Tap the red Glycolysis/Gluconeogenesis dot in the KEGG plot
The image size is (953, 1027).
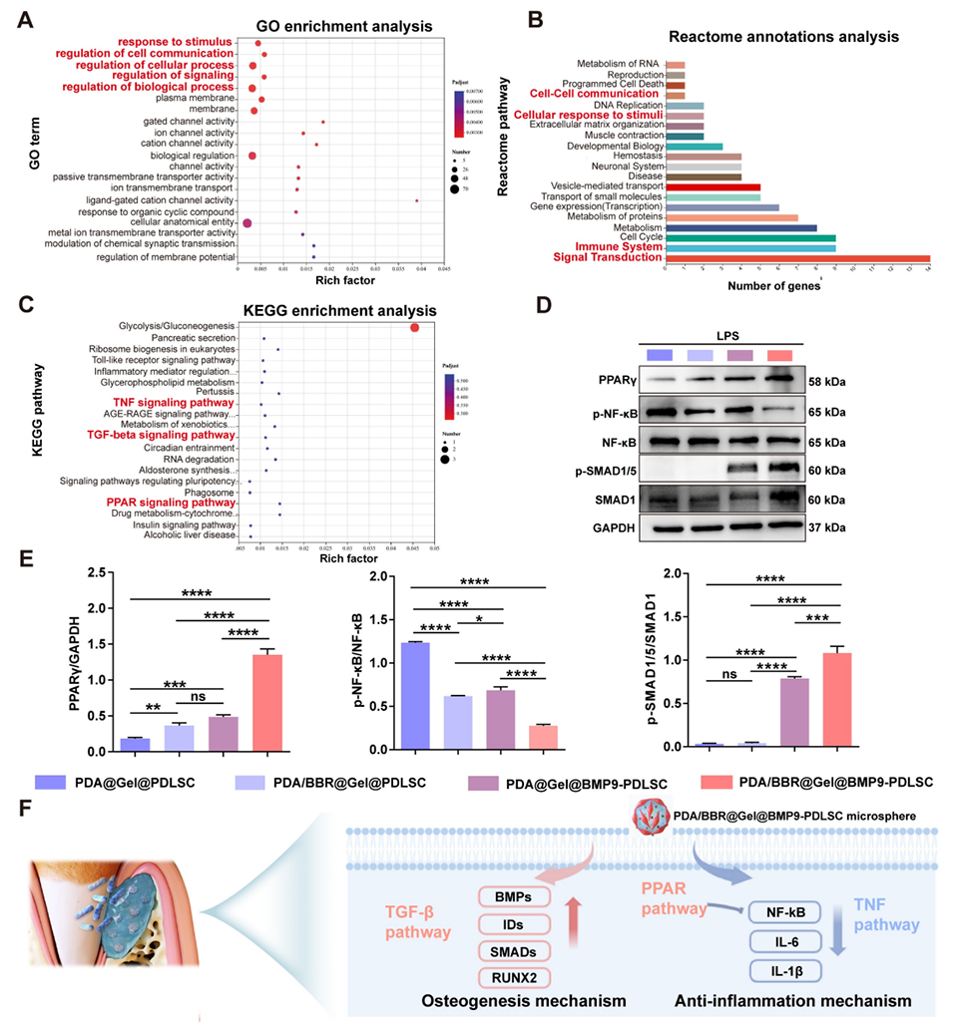pyautogui.click(x=415, y=327)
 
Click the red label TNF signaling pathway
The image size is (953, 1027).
pyautogui.click(x=167, y=402)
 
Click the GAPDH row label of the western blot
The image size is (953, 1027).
pyautogui.click(x=609, y=528)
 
